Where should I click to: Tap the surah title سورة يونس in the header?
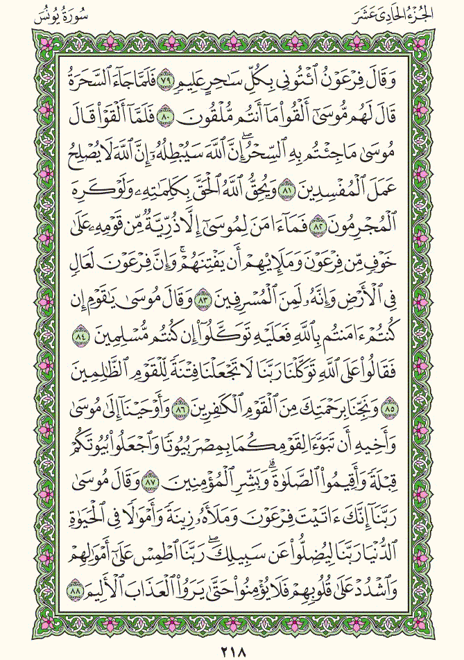tap(53, 12)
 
